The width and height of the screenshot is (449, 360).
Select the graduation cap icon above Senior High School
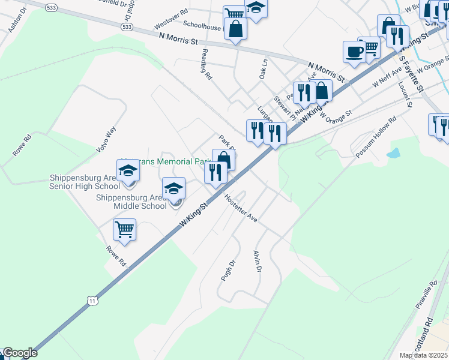tap(128, 172)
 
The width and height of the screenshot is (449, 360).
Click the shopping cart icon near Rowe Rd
tap(124, 230)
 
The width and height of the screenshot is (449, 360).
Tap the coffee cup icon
tap(354, 52)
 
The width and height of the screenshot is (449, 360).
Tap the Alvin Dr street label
tap(258, 262)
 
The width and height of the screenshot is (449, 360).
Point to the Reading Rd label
tap(206, 66)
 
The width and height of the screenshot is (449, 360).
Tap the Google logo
tap(20, 353)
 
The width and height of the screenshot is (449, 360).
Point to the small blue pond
tap(394, 154)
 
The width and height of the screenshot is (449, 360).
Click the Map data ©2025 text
tap(423, 355)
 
